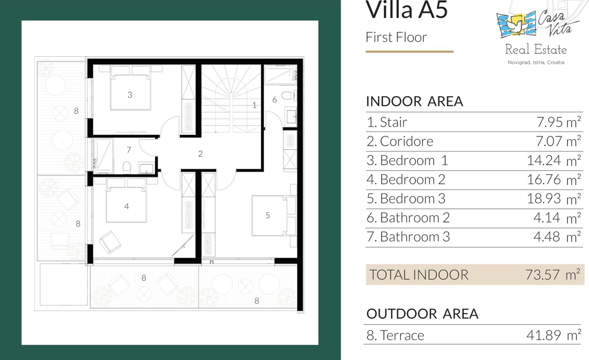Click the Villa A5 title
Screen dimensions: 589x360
coord(406,10)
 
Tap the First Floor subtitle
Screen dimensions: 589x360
coord(396,37)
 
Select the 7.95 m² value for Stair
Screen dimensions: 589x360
coord(558,122)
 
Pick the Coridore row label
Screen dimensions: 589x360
coord(400,141)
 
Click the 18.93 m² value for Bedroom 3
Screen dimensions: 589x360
coord(554,199)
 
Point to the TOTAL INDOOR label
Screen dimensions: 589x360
coord(419,275)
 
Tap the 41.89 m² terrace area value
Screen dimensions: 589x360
coord(554,335)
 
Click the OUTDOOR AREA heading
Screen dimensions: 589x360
coord(422,314)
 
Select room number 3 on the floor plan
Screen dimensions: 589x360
coord(130,95)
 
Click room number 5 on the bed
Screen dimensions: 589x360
coord(268,215)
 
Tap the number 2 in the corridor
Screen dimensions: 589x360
coord(200,154)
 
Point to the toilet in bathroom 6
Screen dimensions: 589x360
coord(289,95)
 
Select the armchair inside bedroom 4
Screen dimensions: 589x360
coord(110,242)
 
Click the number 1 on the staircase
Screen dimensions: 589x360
coord(254,105)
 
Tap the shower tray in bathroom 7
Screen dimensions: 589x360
coord(104,155)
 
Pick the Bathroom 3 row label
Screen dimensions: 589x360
coord(408,237)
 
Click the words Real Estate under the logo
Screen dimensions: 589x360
coord(536,50)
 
